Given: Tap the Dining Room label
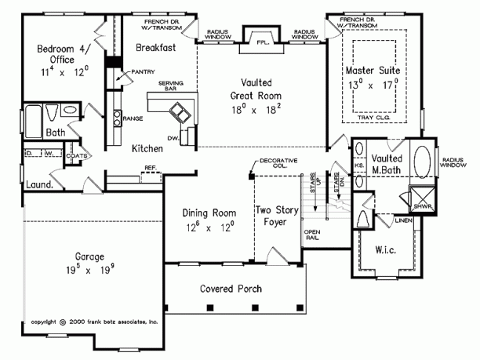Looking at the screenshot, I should point(209,219).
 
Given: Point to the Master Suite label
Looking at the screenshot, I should point(372,77).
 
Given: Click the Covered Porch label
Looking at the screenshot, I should point(231,288).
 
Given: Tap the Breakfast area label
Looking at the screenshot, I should point(155,48).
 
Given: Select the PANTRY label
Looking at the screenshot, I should point(142,71).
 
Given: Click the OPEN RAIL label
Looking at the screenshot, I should point(311,234).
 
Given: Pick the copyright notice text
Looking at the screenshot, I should point(95,322).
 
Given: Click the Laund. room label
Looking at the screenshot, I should point(39,185).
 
